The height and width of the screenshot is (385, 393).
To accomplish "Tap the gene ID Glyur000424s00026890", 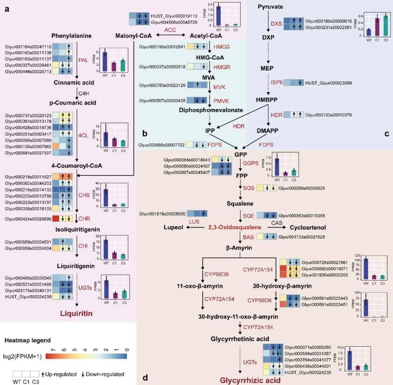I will pyautogui.click(x=29, y=218).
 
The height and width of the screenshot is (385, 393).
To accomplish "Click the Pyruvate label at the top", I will pyautogui.click(x=270, y=7).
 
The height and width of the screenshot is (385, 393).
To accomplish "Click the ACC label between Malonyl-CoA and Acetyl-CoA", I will pyautogui.click(x=170, y=29).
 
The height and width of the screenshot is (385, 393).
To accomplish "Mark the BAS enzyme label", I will pyautogui.click(x=248, y=237).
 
